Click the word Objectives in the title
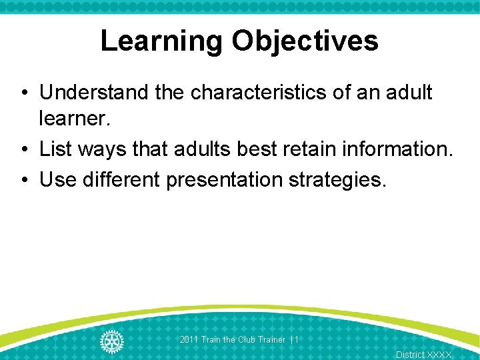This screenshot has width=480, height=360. (x=305, y=41)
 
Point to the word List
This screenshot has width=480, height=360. (x=55, y=149)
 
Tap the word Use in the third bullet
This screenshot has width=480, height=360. (x=58, y=179)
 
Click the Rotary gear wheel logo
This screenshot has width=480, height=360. (x=111, y=341)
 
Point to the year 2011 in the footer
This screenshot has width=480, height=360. (x=189, y=340)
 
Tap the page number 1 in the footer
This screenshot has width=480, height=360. (x=297, y=340)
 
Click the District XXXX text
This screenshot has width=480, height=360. (x=423, y=355)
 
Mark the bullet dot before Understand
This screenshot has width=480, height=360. (x=23, y=93)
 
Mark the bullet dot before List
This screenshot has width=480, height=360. (x=23, y=149)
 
